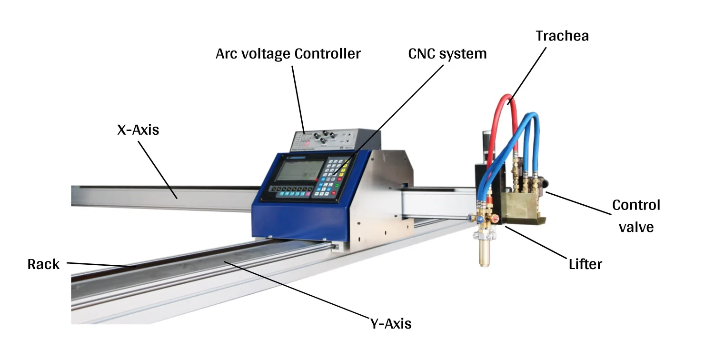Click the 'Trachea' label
pos(562,36)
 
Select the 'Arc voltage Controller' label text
pos(288,54)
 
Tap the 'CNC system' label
pos(447,54)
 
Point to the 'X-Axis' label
pos(138,130)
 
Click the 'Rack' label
pos(43,264)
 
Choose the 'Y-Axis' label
pos(390,324)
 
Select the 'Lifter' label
pos(585,263)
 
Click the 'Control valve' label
pos(636,216)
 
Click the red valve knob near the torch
pos(495,219)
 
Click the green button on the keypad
pos(338,186)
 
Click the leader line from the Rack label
pos(100,265)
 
